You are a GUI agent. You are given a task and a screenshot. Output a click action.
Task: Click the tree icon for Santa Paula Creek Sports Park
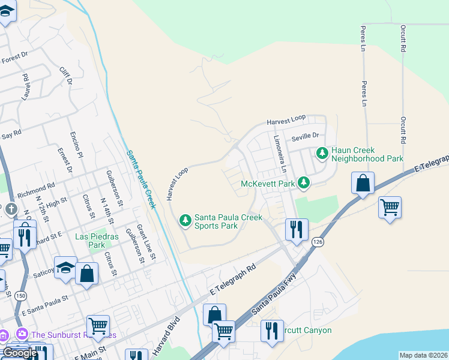tap(185, 221)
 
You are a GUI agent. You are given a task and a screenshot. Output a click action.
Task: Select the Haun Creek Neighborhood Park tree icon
tap(323, 154)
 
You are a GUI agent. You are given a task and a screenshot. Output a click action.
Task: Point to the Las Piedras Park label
tap(90, 241)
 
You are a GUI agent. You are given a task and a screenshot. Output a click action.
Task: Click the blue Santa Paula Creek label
tap(142, 179)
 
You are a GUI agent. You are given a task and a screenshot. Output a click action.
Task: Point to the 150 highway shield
tap(20, 296)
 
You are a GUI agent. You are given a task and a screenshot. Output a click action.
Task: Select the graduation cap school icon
tap(65, 267)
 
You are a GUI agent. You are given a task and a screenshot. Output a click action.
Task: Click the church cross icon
tap(10, 209)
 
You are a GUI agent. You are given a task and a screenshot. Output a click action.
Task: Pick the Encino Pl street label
tap(76, 145)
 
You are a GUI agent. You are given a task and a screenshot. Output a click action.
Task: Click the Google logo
tap(20, 353)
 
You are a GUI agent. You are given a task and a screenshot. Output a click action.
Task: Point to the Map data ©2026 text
tap(424, 355)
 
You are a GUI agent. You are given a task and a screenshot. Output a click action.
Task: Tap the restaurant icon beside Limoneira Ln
tap(297, 229)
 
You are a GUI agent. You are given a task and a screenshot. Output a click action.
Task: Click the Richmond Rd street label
tap(36, 190)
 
